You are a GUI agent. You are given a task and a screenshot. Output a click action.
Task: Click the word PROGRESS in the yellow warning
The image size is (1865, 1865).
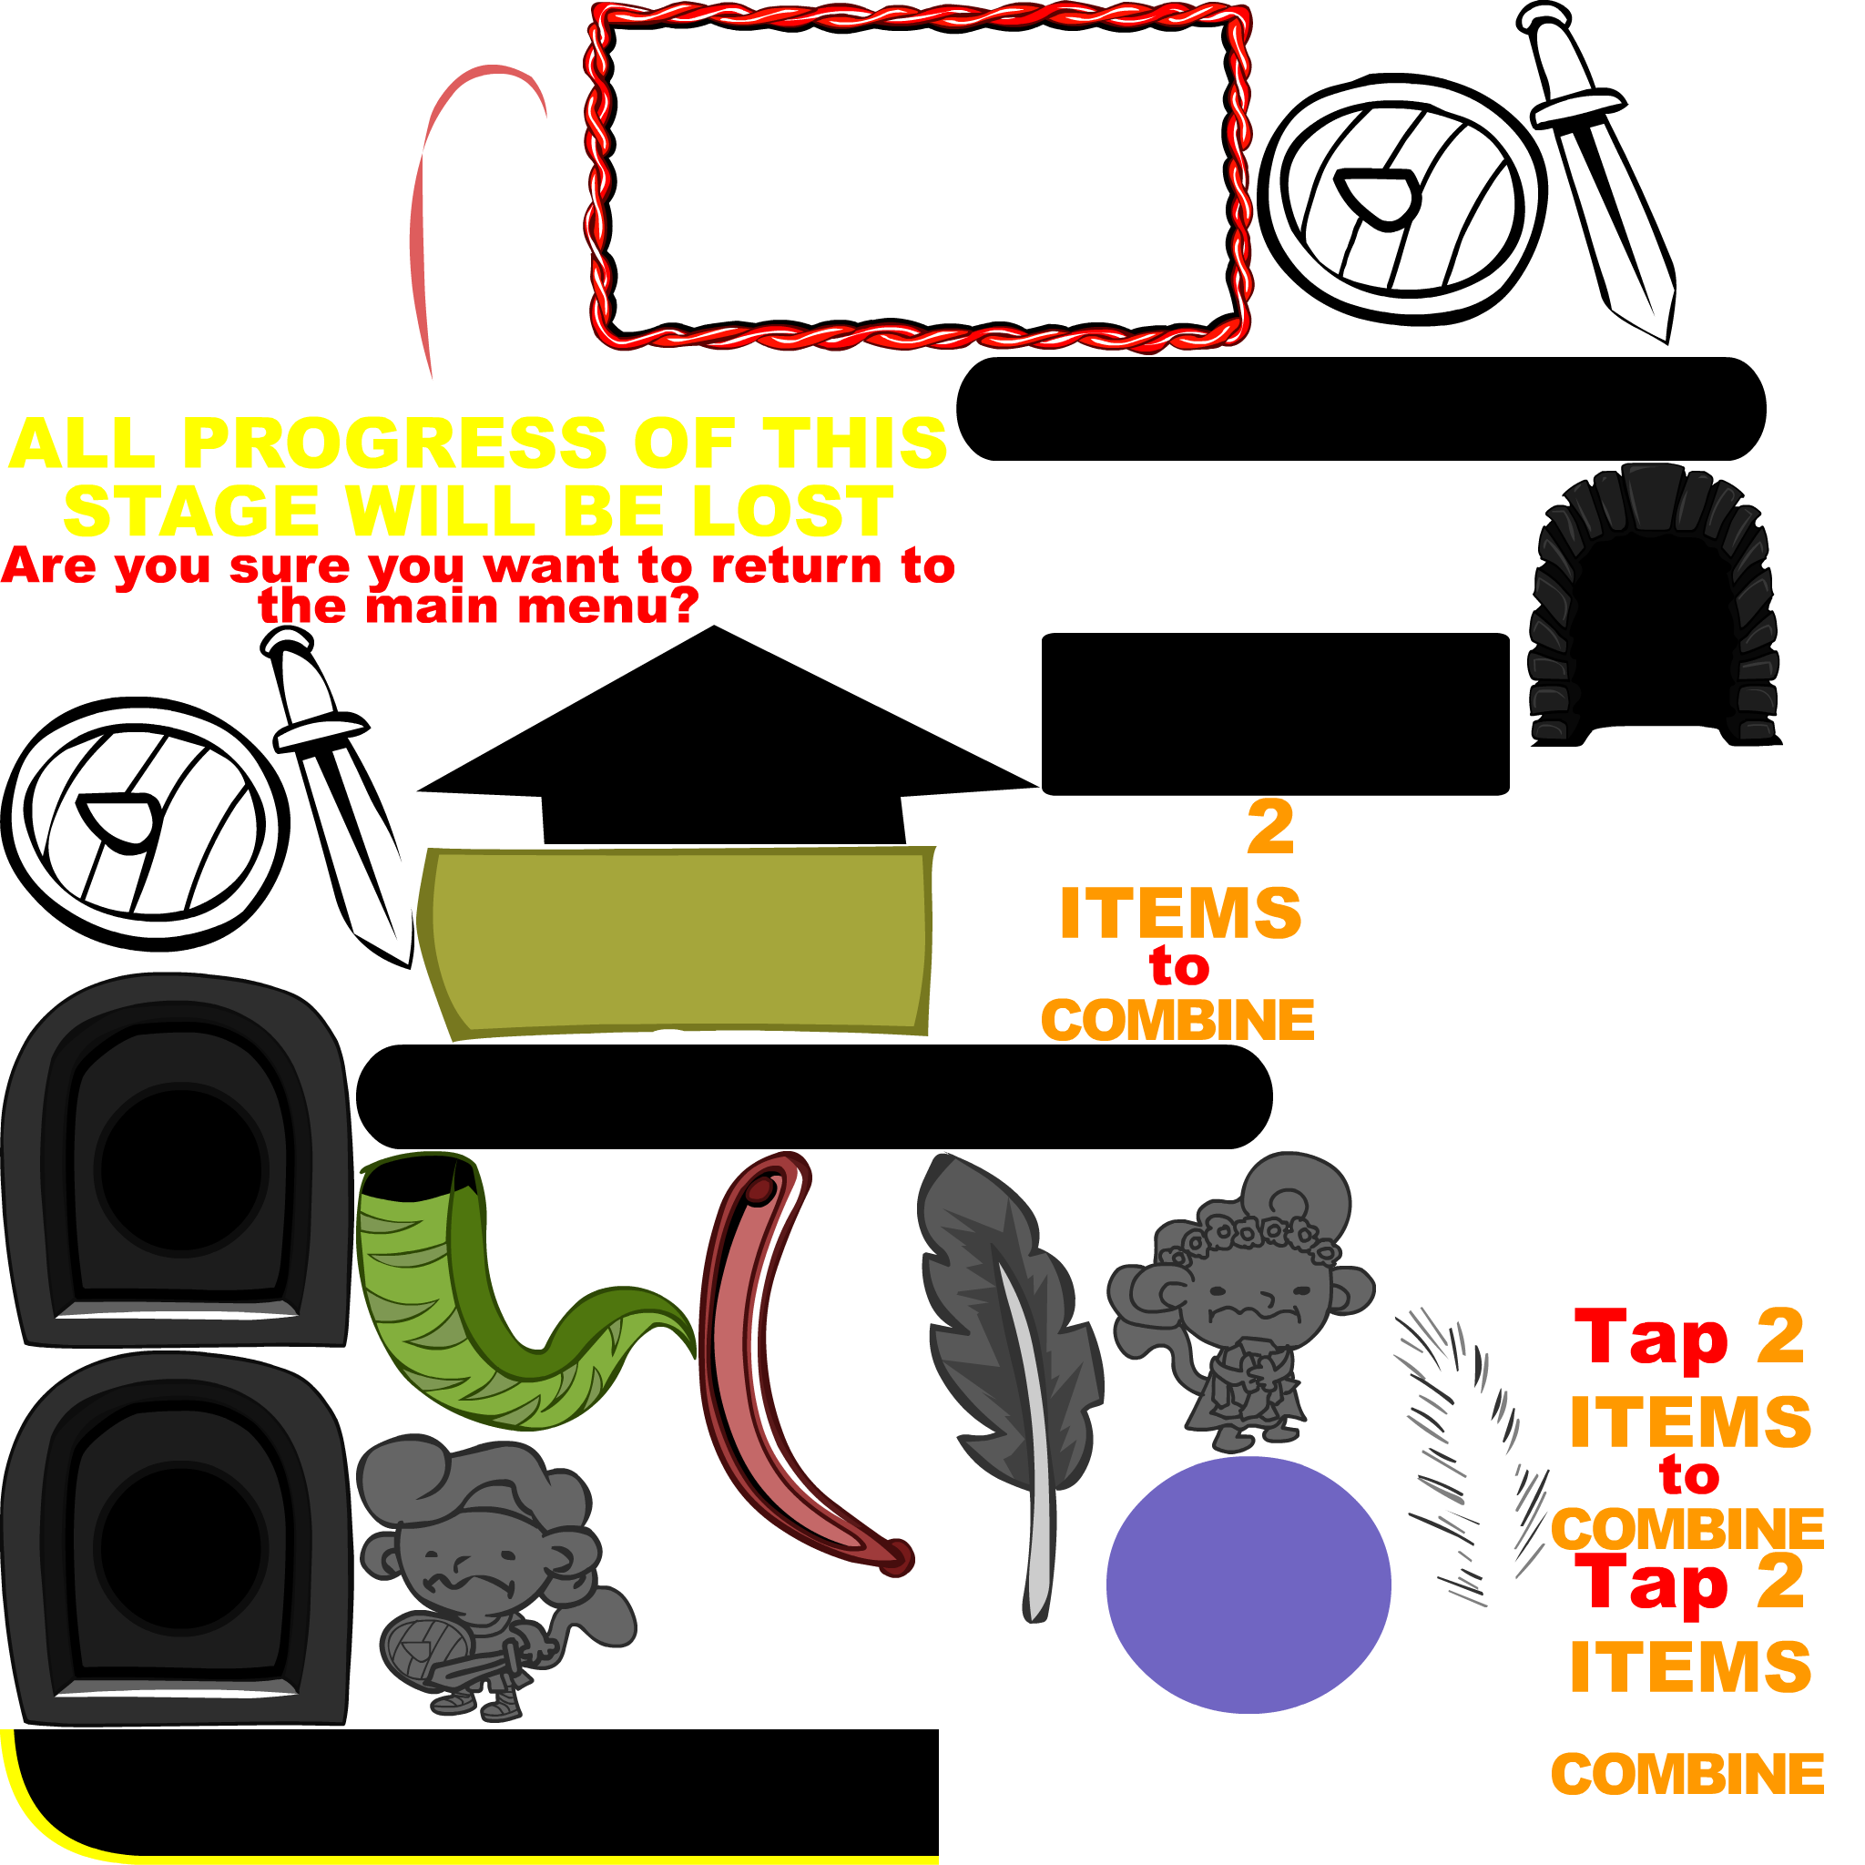coord(393,444)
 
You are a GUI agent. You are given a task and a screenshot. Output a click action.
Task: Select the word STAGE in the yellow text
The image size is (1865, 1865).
coord(190,511)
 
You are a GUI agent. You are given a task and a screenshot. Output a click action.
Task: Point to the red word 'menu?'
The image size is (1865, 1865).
coord(607,607)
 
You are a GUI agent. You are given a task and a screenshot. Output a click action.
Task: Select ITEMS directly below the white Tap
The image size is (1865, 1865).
coord(1179,912)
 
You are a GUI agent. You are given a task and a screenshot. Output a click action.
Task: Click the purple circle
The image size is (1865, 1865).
coord(1248,1585)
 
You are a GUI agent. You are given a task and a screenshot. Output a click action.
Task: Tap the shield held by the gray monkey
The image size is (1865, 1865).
coord(422,1651)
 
